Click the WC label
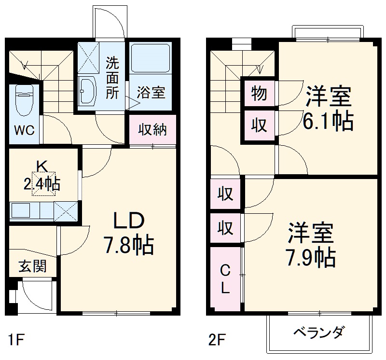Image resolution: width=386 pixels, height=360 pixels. pos(23,131)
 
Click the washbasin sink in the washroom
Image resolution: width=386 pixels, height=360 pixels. pos(88,90)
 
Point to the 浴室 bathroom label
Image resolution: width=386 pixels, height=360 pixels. pos(151,92)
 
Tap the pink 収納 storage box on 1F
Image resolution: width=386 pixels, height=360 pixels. pos(152,130)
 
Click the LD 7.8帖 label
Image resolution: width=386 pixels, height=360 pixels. pos(128,234)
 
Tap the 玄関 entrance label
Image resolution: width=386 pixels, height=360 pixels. pos(32,266)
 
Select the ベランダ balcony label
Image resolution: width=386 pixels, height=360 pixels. pos(319,332)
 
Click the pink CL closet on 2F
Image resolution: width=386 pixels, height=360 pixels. pos(225,279)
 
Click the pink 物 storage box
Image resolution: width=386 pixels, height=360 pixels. pos(259,93)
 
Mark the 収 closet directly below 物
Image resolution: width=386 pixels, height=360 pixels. pos(259,125)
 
